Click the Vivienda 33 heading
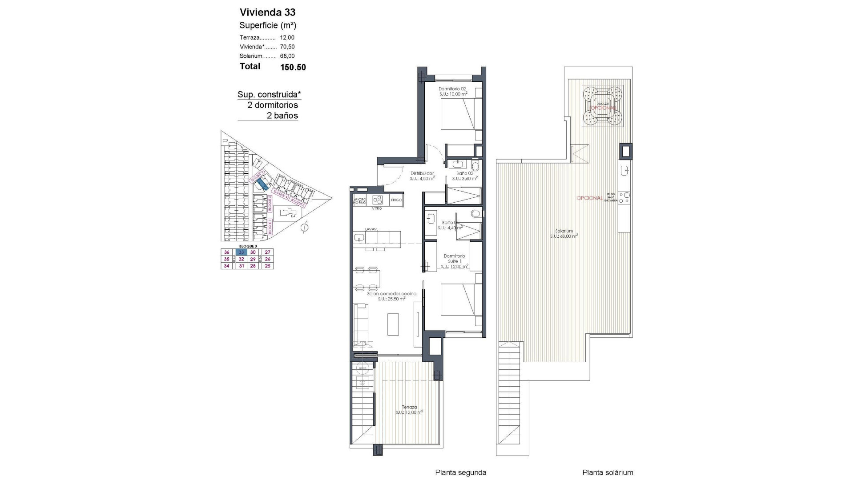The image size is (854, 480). click(267, 12)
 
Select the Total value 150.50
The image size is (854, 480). click(293, 68)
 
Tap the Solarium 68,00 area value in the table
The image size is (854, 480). click(287, 56)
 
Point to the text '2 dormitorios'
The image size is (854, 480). click(273, 105)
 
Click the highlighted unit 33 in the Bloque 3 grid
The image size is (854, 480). click(241, 252)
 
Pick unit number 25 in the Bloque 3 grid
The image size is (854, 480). click(267, 266)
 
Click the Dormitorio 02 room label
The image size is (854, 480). click(452, 89)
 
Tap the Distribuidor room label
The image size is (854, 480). click(422, 173)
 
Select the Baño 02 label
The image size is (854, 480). click(464, 173)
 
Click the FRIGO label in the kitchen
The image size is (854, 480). click(396, 200)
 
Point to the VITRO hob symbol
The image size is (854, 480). click(377, 200)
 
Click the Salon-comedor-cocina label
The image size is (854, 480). click(391, 294)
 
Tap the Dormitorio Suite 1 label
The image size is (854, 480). click(454, 258)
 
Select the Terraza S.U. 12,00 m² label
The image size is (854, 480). click(409, 409)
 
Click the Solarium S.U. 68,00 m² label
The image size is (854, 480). click(564, 233)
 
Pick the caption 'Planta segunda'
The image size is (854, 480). click(460, 472)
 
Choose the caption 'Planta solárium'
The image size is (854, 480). click(608, 472)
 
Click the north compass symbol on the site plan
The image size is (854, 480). click(304, 228)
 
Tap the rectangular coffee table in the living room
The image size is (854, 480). click(393, 324)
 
